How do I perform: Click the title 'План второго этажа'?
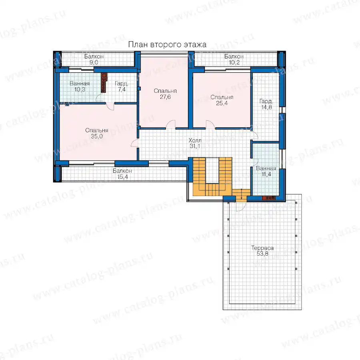(167, 44)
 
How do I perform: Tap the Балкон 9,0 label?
(94, 59)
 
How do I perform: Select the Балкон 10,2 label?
(234, 59)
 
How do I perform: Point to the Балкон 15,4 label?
(122, 174)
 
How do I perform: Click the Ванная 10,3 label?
(80, 86)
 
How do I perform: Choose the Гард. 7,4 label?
(122, 86)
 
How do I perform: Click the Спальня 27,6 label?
(165, 94)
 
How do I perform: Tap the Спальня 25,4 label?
(222, 100)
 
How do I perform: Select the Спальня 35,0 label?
(97, 133)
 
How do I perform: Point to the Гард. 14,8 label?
(266, 104)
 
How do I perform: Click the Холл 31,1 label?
(195, 143)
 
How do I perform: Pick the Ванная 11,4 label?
(266, 171)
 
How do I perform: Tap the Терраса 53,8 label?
(262, 251)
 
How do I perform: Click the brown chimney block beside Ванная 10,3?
(104, 83)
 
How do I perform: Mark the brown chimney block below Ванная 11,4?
(269, 198)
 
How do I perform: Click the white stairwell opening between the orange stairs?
(212, 170)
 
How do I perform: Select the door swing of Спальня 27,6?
(171, 124)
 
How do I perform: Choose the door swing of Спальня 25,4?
(210, 124)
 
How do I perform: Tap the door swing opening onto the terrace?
(241, 206)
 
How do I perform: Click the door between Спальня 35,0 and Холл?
(135, 143)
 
